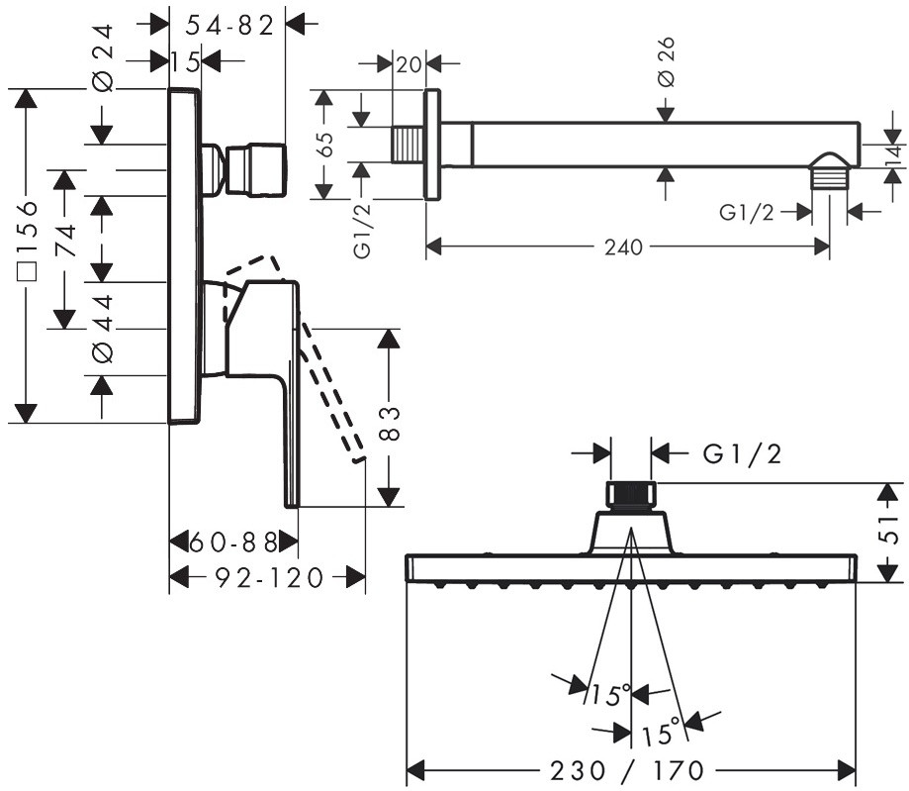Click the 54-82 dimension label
pos(229,25)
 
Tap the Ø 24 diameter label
pos(103,58)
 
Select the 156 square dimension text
pos(27,241)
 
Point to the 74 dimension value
pos(65,241)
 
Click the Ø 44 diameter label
pos(103,329)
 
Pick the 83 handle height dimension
pos(392,424)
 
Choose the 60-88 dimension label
pos(233,543)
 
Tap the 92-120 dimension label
pos(269,578)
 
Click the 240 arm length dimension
pos(624,247)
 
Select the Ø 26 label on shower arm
pos(667,61)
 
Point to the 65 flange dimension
pos(325,144)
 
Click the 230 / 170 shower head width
pos(627,771)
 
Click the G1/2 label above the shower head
pos(742,453)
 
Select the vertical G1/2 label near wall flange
pos(362,231)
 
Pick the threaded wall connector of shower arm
pos(409,144)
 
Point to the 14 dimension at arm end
pos(894,152)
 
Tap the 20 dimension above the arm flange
pos(409,63)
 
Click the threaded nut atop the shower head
pos(631,496)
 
